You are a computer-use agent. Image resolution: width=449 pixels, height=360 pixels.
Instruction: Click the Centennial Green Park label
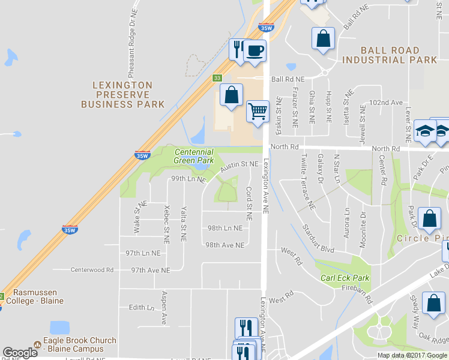point(194,156)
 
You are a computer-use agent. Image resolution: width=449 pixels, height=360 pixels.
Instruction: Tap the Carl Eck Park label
point(345,278)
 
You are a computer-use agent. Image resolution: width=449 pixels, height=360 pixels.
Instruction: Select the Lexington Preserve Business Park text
point(122,95)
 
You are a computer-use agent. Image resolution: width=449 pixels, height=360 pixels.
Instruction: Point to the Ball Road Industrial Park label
point(390,55)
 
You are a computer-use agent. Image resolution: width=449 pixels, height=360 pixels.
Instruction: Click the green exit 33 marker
point(217,77)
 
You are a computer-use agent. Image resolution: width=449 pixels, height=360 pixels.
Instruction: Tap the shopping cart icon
point(258,111)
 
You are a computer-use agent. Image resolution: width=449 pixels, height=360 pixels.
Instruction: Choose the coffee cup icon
point(255,50)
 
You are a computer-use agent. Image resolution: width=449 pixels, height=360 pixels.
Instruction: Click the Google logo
point(20,353)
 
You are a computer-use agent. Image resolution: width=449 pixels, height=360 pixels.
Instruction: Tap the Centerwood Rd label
point(92,270)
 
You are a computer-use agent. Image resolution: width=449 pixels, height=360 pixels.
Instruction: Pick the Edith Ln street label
point(142,307)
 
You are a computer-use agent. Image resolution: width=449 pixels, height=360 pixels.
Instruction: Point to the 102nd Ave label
point(385,103)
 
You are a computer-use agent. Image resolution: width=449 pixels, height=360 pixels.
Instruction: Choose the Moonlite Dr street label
point(363,223)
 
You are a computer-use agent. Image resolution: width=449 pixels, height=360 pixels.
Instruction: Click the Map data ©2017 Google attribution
point(412,355)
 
